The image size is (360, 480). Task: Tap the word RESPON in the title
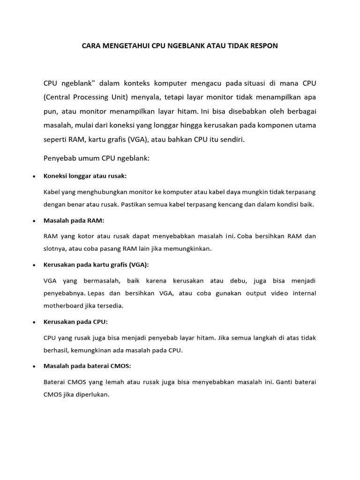(262, 46)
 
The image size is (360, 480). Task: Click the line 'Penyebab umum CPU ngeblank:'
(97, 158)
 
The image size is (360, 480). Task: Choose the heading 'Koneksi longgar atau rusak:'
(85, 176)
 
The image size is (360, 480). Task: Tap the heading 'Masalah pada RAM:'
(74, 220)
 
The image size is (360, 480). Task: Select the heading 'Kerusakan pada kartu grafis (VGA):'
(96, 265)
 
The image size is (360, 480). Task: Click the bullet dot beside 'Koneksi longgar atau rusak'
(34, 177)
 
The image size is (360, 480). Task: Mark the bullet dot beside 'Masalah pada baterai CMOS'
(34, 367)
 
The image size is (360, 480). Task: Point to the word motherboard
(63, 306)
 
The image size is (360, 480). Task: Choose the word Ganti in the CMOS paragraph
(285, 382)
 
